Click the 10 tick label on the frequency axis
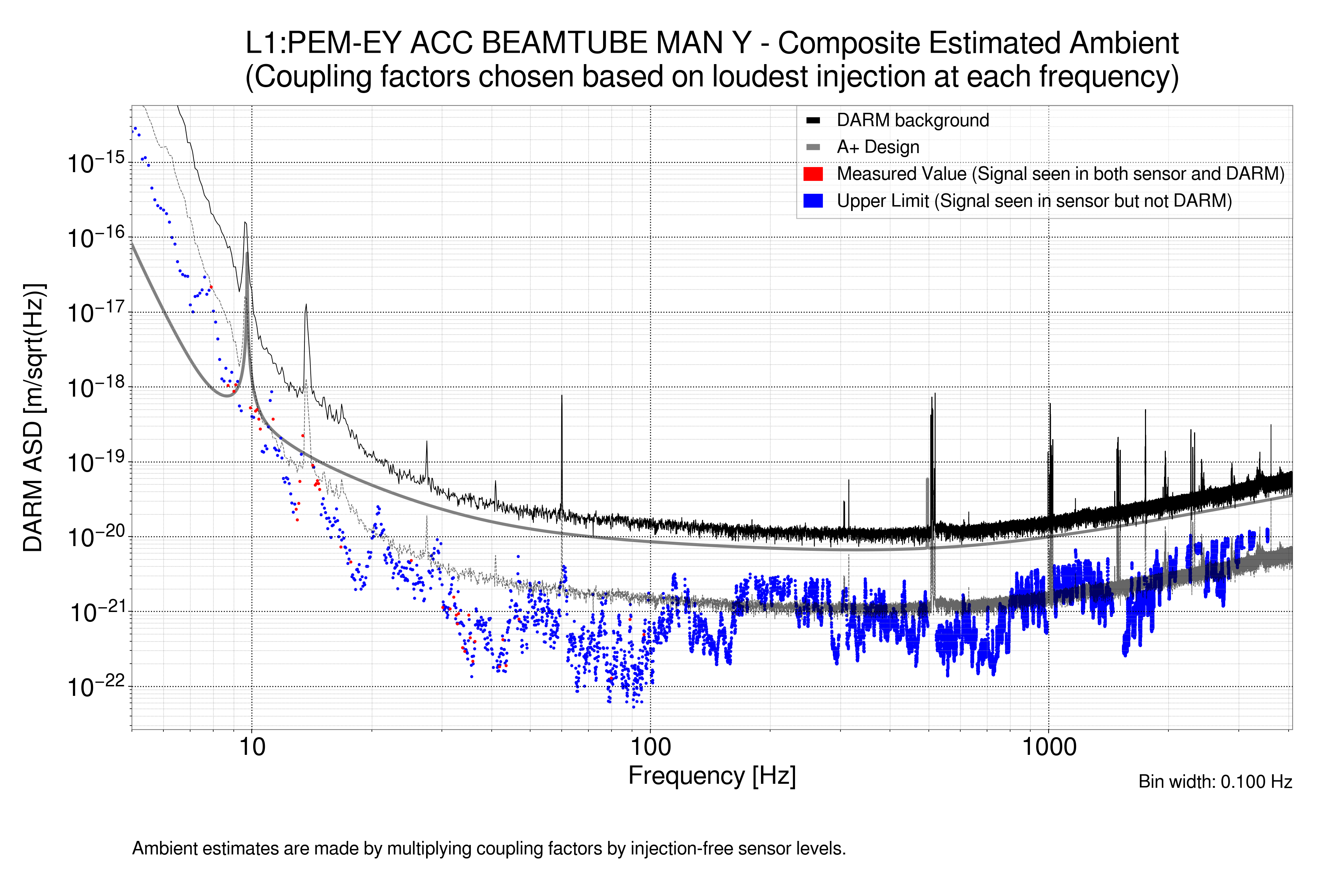pyautogui.click(x=252, y=747)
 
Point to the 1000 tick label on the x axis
pyautogui.click(x=1049, y=747)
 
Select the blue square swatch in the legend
pyautogui.click(x=813, y=201)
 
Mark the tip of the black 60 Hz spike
pyautogui.click(x=561, y=396)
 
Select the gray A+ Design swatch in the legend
pyautogui.click(x=813, y=148)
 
